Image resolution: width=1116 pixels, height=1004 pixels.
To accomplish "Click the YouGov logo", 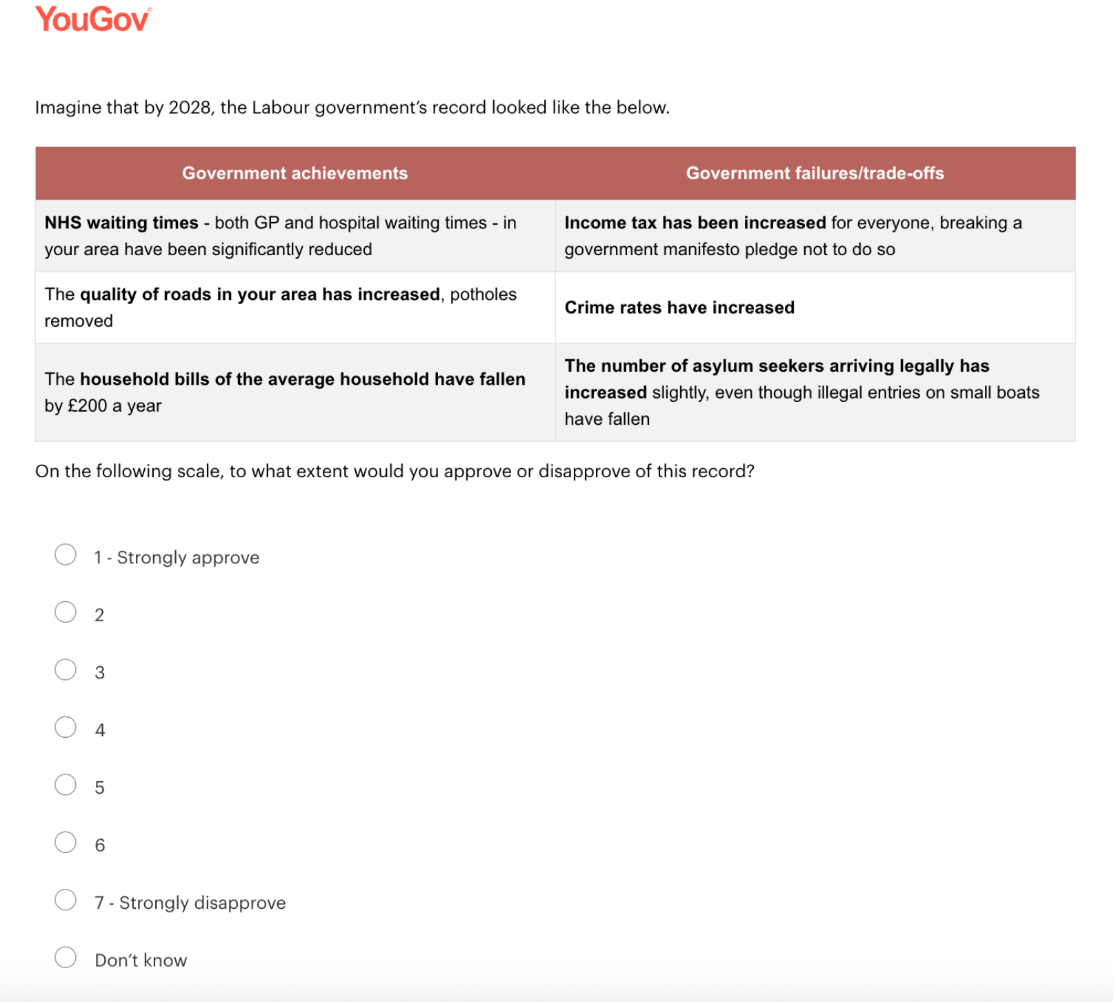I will point(92,19).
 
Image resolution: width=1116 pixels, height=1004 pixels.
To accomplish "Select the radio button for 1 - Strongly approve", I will point(66,555).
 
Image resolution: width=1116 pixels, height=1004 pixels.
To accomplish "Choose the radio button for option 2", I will point(66,612).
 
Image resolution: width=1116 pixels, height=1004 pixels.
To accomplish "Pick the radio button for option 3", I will point(66,670).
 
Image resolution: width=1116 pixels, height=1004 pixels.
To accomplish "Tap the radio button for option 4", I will point(66,727).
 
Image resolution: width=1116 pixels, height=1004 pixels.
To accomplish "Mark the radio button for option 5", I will point(66,785).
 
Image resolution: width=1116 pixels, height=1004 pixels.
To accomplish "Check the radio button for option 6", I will point(66,843).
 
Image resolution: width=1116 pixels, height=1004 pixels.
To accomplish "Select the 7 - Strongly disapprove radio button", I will point(66,901).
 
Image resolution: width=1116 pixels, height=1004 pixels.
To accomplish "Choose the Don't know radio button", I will point(66,958).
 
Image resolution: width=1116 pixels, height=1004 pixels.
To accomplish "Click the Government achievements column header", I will point(295,173).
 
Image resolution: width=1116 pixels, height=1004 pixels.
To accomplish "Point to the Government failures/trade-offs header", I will point(815,173).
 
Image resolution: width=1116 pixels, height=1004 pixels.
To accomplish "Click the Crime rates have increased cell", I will point(679,308).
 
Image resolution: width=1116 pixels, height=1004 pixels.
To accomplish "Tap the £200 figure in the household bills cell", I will point(88,406).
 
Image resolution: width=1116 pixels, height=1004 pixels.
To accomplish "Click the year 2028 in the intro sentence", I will point(189,108).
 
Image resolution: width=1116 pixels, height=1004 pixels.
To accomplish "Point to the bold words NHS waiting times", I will point(121,223).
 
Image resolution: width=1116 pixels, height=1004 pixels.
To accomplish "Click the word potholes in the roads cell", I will point(483,294).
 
